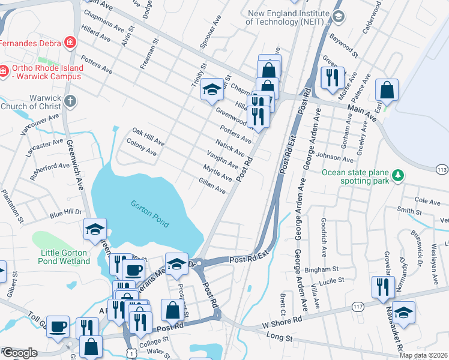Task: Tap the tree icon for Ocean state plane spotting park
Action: pyautogui.click(x=397, y=175)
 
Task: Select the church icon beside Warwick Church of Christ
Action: pyautogui.click(x=70, y=101)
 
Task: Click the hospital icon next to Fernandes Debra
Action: pyautogui.click(x=70, y=43)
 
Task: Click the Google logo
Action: pyautogui.click(x=19, y=353)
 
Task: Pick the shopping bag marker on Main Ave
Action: pyautogui.click(x=387, y=91)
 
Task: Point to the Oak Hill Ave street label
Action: pyautogui.click(x=148, y=137)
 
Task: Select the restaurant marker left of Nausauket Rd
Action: pyautogui.click(x=381, y=287)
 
